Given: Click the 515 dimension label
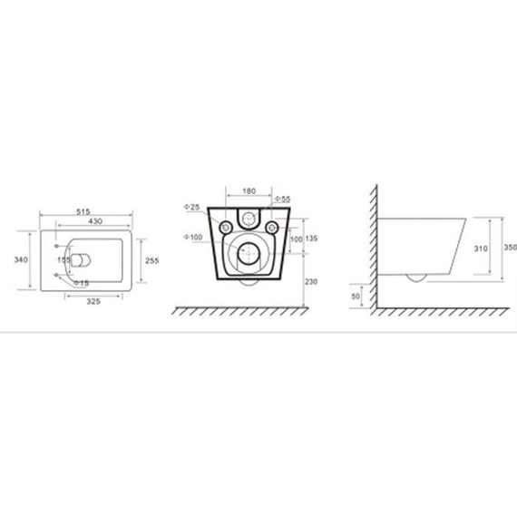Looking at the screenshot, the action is coord(83,211).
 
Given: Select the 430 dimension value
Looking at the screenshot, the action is coord(95,221).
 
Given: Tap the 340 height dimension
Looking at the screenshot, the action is coord(21,259).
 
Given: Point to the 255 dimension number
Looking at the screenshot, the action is coord(152,260).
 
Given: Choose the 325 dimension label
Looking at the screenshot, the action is coord(93,301).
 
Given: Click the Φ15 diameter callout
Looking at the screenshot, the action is coord(81,283).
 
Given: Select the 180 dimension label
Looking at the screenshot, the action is coord(249,190).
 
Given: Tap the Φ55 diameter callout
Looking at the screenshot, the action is coord(283,199).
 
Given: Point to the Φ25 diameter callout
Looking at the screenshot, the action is coord(191,207).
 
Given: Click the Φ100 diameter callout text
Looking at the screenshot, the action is coord(193,237).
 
